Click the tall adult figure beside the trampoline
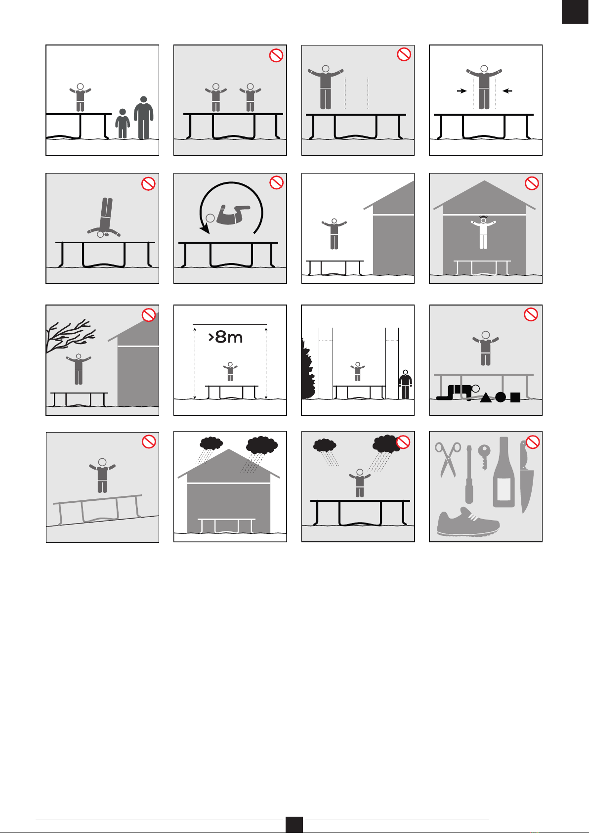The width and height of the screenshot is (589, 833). [143, 118]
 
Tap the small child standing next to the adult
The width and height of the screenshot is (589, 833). [122, 124]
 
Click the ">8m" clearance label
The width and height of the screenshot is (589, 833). [225, 337]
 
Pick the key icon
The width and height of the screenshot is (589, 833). [484, 457]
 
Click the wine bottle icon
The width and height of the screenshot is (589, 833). [504, 472]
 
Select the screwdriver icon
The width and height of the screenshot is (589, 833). [469, 475]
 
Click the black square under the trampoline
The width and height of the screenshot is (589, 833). [515, 397]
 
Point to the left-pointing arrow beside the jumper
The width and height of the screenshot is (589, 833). [507, 90]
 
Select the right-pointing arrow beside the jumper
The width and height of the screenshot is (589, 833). [462, 90]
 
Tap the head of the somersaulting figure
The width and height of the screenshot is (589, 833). [210, 219]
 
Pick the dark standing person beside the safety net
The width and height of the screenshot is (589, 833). [405, 385]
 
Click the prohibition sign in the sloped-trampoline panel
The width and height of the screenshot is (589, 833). [149, 441]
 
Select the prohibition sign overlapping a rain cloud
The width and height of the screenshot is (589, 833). [403, 442]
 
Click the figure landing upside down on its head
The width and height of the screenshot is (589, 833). [104, 218]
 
